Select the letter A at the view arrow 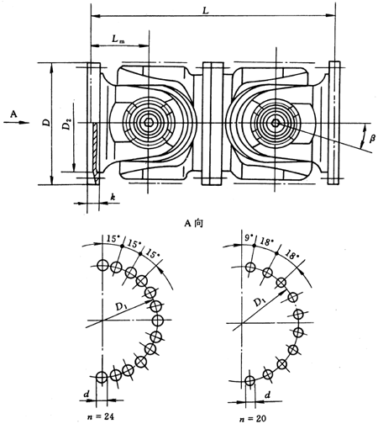click(x=8, y=110)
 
